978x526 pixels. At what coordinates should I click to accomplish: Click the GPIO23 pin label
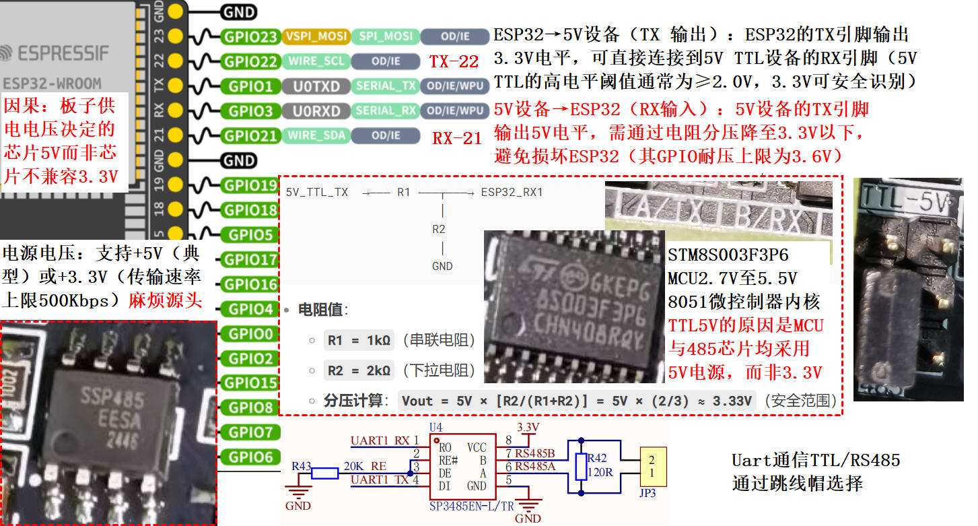click(250, 37)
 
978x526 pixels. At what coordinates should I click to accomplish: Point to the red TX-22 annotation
click(454, 62)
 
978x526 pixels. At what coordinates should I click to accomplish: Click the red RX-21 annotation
click(457, 139)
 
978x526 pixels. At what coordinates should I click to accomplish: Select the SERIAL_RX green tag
click(386, 110)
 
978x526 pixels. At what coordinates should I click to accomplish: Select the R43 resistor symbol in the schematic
click(324, 473)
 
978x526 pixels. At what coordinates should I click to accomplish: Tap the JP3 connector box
click(652, 466)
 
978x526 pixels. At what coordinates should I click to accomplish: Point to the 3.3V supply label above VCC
click(528, 427)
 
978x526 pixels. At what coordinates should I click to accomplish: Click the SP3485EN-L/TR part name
click(471, 505)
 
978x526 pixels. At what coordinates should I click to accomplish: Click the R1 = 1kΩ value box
click(359, 340)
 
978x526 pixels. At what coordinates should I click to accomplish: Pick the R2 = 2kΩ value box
click(359, 370)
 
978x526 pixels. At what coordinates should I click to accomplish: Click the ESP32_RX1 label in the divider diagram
click(512, 193)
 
